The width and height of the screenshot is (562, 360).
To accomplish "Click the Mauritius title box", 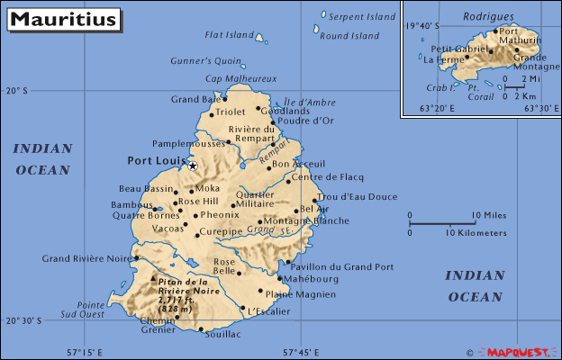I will [x=64, y=19].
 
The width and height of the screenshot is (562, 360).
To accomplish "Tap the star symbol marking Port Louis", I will [x=192, y=166].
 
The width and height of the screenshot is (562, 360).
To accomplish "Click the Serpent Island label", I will [x=361, y=17].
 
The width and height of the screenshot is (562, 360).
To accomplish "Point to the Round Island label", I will [x=349, y=36].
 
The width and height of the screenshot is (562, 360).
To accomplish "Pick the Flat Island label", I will [x=229, y=35].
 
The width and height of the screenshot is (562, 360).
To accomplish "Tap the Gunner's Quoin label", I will [x=206, y=61].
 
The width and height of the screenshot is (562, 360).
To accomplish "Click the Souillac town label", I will [x=222, y=334].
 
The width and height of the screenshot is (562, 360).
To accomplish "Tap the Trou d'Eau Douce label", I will [x=358, y=196].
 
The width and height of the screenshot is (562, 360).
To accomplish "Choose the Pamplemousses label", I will [x=188, y=143].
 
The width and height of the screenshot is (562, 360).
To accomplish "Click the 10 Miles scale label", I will [x=488, y=215].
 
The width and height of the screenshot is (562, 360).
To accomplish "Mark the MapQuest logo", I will [x=517, y=352].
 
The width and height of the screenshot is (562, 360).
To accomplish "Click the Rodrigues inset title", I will [x=488, y=16].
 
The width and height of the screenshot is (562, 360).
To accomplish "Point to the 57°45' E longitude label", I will [x=301, y=352].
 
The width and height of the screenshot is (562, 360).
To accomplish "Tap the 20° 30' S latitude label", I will [x=24, y=320].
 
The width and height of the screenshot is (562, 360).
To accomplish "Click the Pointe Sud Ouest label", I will [x=84, y=310].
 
